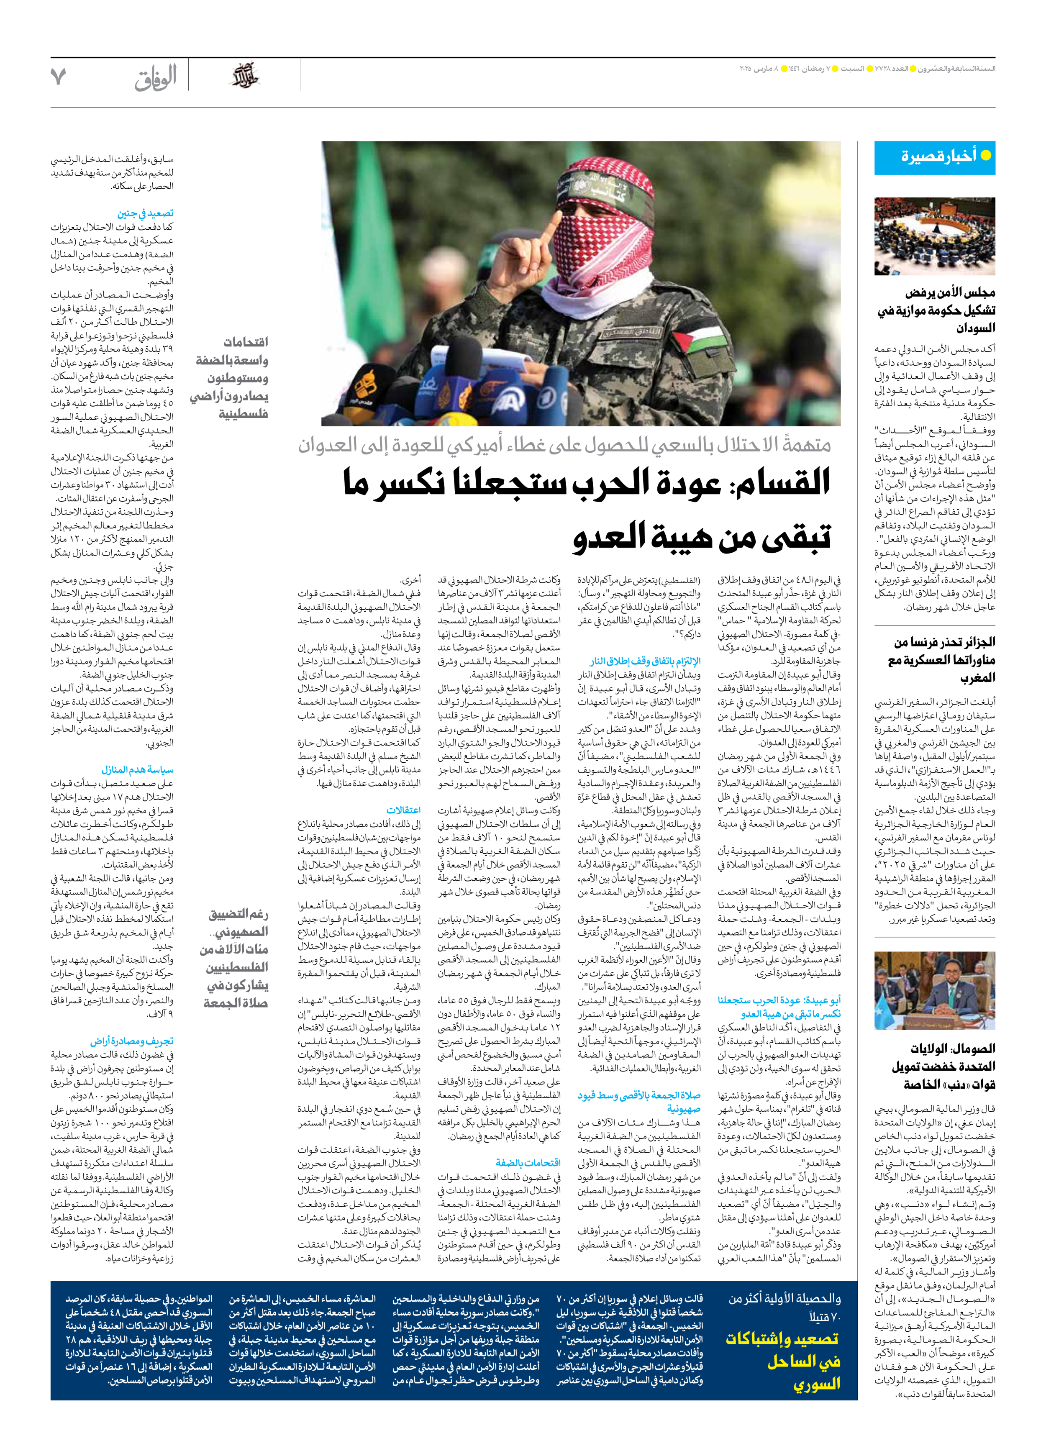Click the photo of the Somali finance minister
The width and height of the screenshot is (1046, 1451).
pos(935,990)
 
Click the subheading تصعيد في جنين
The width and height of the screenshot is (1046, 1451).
pos(145,214)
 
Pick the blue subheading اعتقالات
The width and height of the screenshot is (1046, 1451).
pos(404,810)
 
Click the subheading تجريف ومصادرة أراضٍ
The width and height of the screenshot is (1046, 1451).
pos(132,1041)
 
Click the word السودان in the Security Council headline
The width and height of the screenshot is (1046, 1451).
pos(976,328)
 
